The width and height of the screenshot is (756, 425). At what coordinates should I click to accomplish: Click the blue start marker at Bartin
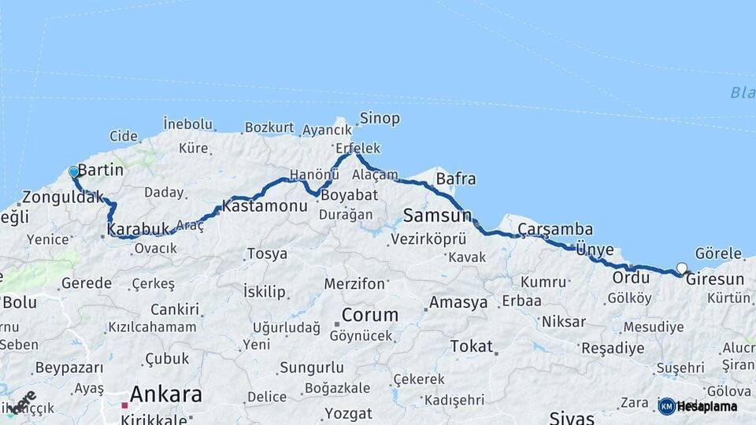coord(74,172)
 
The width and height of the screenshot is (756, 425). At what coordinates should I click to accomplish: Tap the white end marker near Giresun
coord(682,268)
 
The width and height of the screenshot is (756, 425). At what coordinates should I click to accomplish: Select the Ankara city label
coord(165,394)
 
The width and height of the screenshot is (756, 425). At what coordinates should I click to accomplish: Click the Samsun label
coord(437,215)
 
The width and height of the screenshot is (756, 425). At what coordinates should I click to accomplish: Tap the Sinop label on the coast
coord(380,119)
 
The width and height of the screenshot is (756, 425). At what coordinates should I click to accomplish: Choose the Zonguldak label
coord(63,198)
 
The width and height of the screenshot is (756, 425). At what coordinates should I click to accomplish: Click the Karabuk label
coord(138,229)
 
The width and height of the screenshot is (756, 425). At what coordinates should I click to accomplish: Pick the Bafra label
coord(455,179)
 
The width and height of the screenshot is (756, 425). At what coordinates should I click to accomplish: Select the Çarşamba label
coord(555,229)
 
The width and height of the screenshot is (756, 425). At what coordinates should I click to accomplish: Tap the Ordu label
coord(631,278)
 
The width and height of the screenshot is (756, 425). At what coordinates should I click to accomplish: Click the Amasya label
coord(458,303)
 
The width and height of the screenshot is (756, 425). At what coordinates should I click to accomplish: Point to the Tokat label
coord(471,346)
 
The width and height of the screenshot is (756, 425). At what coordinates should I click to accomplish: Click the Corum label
coord(370,315)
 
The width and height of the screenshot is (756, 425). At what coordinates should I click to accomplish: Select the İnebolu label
coord(188,124)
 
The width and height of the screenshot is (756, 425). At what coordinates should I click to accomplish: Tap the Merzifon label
coord(354,283)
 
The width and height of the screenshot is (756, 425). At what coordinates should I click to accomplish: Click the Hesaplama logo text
coord(706,407)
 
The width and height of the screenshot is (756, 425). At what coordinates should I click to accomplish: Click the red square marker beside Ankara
coord(124,405)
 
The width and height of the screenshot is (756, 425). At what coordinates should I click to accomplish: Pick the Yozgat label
coord(348,413)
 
